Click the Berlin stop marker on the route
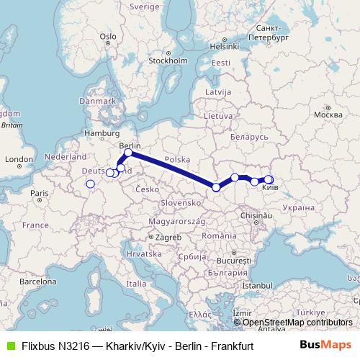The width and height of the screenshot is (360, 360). tap(128, 153)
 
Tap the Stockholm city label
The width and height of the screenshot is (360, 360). tap(168, 60)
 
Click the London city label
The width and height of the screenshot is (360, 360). tap(14, 158)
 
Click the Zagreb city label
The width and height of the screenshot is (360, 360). tap(170, 236)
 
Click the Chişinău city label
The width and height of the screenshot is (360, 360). tap(258, 215)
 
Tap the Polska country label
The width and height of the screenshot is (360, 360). tap(176, 159)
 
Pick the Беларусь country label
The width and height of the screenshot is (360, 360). tap(248, 136)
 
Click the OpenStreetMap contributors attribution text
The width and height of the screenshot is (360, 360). tap(297, 323)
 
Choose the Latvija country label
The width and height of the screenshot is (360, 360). tap(217, 92)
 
